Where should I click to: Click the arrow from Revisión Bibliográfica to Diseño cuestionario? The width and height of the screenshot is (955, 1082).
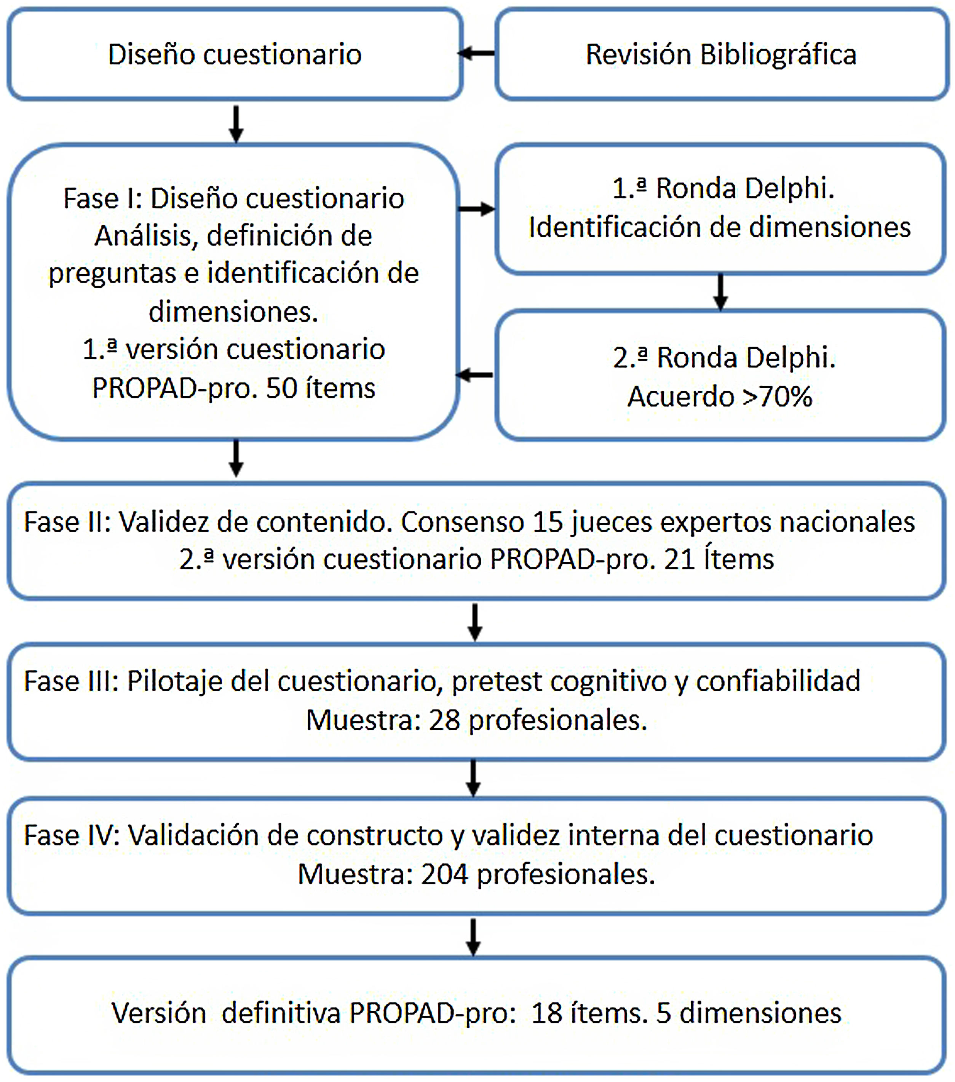coord(476,53)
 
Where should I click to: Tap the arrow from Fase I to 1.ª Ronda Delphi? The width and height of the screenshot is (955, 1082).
coord(476,209)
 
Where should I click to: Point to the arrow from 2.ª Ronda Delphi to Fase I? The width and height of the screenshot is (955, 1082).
coord(475,375)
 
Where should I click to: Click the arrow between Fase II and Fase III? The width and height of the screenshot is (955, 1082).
coord(475,622)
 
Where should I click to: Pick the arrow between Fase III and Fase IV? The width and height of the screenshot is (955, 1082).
coord(473,778)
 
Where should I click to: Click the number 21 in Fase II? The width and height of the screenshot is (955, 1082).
coord(679,559)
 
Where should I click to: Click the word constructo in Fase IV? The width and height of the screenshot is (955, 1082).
coord(374,836)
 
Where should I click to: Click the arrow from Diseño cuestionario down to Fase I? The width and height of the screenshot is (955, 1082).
coord(236,125)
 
